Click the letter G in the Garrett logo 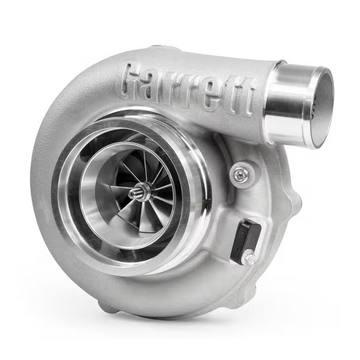pyautogui.click(x=132, y=79)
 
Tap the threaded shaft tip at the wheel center pyautogui.click(x=133, y=194)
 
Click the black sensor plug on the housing pyautogui.click(x=246, y=241)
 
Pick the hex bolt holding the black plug pyautogui.click(x=249, y=259)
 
